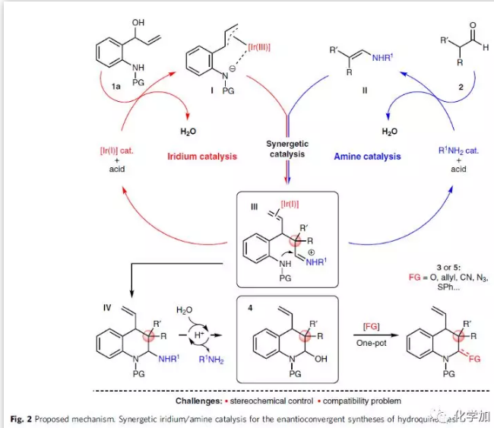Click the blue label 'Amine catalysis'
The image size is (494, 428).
tap(366, 156)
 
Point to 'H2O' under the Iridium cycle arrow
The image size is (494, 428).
tap(188, 131)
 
